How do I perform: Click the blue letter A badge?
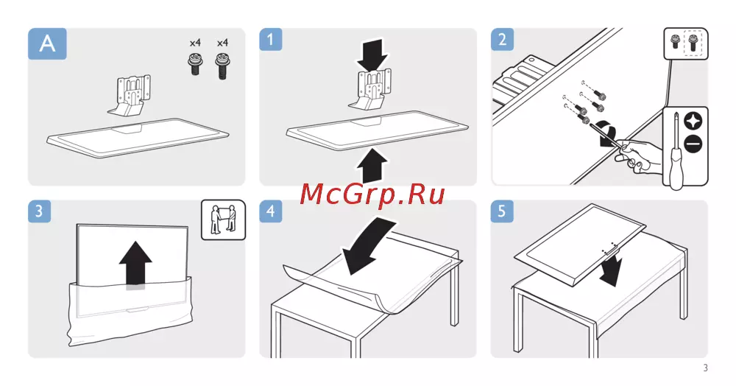tap(47, 43)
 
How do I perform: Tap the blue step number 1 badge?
tap(270, 39)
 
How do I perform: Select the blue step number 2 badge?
tap(502, 39)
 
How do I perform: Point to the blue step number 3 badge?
tap(39, 211)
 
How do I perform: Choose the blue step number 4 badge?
tap(270, 211)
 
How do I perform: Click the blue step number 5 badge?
tap(502, 211)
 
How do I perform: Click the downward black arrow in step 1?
tap(372, 53)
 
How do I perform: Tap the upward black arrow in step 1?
tap(372, 165)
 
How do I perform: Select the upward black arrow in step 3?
tap(135, 263)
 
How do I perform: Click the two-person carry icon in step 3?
tap(224, 220)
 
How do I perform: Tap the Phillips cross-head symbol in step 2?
tap(693, 121)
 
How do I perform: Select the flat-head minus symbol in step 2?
tap(693, 143)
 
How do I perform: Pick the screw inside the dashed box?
tap(693, 43)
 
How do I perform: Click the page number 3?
tap(705, 368)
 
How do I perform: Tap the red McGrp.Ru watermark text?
tap(372, 194)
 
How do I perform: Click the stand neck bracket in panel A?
tap(132, 94)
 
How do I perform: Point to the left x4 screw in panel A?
tap(195, 64)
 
